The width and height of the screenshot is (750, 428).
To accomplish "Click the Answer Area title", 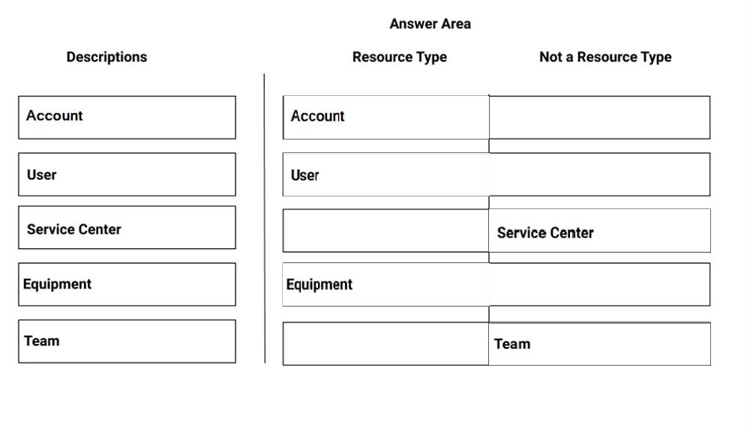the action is point(430,24).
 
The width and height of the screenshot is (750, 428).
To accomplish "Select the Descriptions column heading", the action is point(106,57).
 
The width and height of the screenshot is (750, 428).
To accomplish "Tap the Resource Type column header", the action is point(400,57).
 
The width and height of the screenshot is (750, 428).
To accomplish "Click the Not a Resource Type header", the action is point(605,57).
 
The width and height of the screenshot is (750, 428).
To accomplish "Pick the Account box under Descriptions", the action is point(127,118).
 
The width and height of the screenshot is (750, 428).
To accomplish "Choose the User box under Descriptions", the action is point(127,175).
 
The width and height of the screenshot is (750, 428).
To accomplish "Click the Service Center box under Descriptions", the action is point(127,228).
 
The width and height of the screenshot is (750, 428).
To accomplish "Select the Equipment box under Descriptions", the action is point(127,285).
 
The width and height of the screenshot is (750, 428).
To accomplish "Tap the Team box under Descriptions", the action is point(127,342).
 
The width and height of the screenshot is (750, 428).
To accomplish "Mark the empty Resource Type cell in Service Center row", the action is point(386,231).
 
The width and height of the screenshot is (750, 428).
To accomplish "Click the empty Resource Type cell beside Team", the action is point(386,344).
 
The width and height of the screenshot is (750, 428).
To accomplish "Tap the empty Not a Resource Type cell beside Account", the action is point(600,118).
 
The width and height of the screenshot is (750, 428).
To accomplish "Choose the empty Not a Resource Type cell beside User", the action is point(600,175).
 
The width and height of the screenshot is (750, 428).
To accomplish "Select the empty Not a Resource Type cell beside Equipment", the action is point(600,285).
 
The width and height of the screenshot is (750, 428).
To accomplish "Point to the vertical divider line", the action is point(265,218).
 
